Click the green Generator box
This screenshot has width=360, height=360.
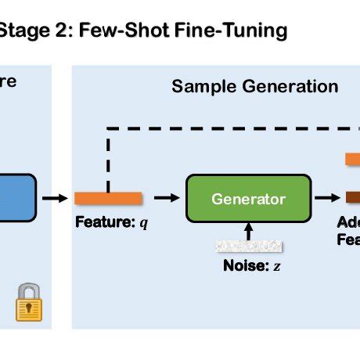[x=248, y=199]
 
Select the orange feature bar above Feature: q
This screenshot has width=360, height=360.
[x=108, y=198]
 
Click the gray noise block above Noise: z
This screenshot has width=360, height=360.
[x=248, y=244]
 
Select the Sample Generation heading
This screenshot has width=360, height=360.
[x=254, y=86]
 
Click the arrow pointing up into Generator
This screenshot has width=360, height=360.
[x=249, y=229]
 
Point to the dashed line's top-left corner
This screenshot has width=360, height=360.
[x=107, y=129]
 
